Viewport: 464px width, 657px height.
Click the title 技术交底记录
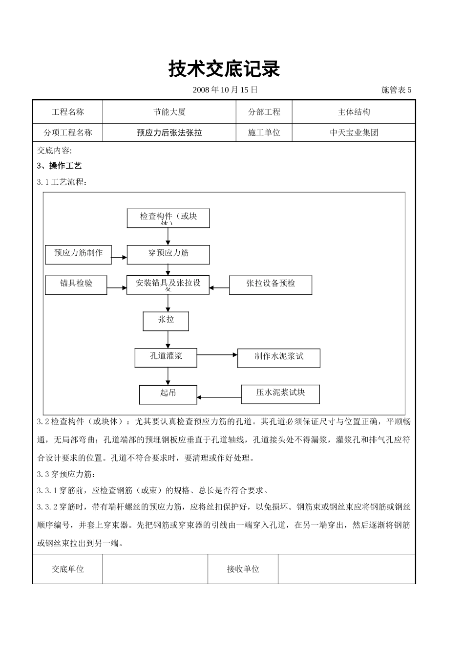click(x=224, y=69)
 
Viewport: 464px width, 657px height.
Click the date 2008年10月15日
click(x=225, y=90)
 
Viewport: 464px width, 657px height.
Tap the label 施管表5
click(x=396, y=90)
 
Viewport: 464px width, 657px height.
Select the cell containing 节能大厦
click(x=169, y=112)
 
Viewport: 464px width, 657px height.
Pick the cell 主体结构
click(x=354, y=112)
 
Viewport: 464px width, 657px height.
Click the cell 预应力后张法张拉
click(x=169, y=132)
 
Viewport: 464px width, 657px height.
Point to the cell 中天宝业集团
click(x=354, y=132)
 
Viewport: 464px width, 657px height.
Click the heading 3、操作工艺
click(x=60, y=166)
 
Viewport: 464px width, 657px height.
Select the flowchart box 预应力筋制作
click(x=78, y=255)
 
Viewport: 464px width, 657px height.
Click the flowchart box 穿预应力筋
click(x=168, y=255)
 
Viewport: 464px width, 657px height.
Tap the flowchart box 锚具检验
click(x=76, y=285)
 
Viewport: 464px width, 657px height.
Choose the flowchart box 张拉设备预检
click(x=271, y=285)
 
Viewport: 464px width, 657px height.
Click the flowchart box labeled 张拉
click(x=166, y=321)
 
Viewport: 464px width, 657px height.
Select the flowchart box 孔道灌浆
click(x=166, y=358)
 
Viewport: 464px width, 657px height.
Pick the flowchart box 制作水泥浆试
click(x=278, y=358)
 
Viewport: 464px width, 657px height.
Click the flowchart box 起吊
click(x=168, y=394)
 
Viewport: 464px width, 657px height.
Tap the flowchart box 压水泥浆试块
click(x=280, y=394)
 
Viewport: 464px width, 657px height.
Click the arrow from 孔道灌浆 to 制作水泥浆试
click(x=217, y=355)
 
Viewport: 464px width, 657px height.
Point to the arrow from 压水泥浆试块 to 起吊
click(x=219, y=397)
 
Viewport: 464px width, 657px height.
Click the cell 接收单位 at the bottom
click(x=243, y=569)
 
